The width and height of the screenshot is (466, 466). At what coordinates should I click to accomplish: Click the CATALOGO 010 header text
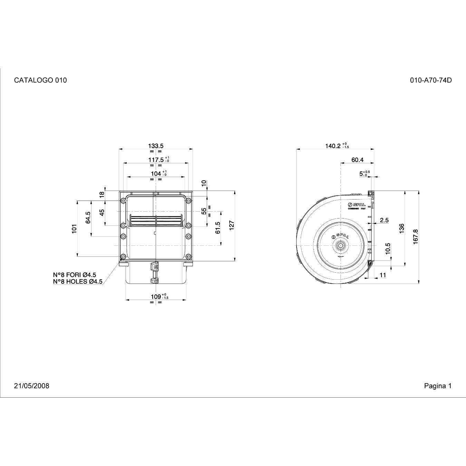click(x=40, y=80)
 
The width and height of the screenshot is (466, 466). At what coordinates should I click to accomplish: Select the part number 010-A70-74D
click(x=431, y=80)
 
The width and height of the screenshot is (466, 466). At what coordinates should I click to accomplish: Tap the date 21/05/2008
click(x=32, y=386)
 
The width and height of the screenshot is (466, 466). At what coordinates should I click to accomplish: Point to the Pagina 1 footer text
click(x=438, y=386)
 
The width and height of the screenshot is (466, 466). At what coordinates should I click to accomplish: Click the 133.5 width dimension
click(x=156, y=146)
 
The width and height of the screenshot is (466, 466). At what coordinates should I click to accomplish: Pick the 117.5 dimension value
click(x=156, y=160)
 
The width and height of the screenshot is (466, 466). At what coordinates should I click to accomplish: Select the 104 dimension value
click(x=156, y=174)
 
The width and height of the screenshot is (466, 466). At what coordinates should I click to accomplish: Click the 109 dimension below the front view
click(x=156, y=297)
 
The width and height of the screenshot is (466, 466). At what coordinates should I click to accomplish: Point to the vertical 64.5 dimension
click(x=88, y=217)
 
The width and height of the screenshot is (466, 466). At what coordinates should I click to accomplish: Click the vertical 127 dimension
click(x=232, y=225)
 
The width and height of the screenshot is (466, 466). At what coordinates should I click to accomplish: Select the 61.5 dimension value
click(x=218, y=228)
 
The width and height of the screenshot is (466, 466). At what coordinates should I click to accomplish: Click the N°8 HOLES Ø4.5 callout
click(x=78, y=282)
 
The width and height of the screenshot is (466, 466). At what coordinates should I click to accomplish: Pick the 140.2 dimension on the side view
click(x=333, y=146)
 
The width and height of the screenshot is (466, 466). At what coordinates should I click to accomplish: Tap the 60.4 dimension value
click(x=357, y=160)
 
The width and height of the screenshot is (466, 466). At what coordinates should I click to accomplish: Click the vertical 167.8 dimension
click(x=416, y=237)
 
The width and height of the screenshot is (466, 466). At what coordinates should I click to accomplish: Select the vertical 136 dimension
click(x=402, y=229)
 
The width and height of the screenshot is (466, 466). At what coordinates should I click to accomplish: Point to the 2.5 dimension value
click(x=384, y=220)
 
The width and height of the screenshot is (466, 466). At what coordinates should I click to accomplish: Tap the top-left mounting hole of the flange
click(x=123, y=201)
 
